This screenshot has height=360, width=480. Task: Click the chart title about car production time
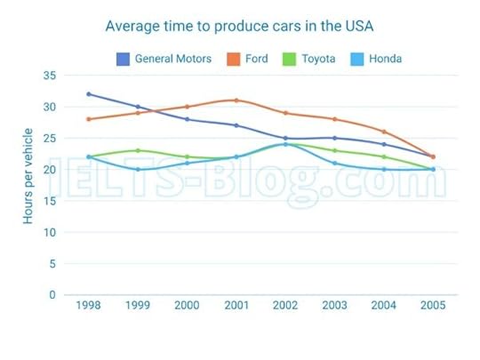(240, 26)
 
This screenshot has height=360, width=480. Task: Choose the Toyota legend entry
(317, 59)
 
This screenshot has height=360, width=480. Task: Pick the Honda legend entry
(384, 59)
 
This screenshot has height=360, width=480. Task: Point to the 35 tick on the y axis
(49, 76)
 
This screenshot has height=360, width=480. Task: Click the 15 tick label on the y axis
(49, 201)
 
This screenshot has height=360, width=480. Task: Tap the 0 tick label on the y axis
(52, 295)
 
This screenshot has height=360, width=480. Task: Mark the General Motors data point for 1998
(88, 94)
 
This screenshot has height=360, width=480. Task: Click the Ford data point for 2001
(236, 100)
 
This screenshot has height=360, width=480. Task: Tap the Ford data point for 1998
(88, 119)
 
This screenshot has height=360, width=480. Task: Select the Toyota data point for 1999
(138, 150)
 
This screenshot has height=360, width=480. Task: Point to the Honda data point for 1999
(138, 169)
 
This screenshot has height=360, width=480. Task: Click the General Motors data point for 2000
(187, 119)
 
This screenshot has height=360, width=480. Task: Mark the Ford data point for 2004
(383, 132)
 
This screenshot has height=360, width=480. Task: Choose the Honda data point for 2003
(334, 163)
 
